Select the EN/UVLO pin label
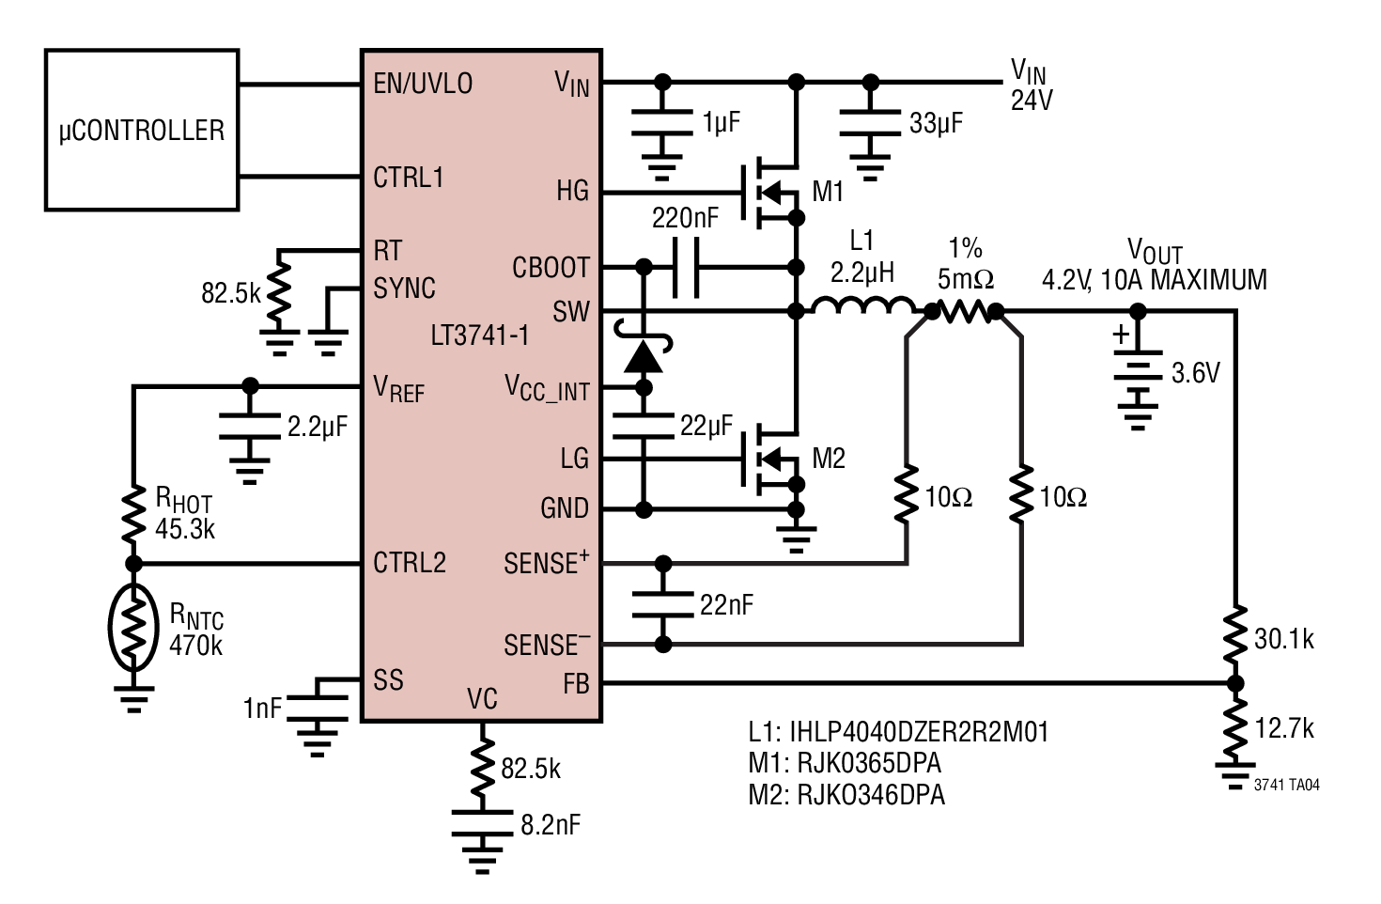coord(423,84)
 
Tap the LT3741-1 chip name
coord(480,335)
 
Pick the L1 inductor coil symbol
coord(863,306)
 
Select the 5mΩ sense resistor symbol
coord(965,312)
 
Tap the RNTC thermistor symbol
coord(133,628)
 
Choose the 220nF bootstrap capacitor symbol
coord(686,268)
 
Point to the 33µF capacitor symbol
coord(870,123)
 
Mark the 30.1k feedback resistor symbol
coord(1235,635)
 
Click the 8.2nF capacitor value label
coord(551,824)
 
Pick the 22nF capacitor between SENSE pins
coord(662,604)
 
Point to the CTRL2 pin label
coord(410,562)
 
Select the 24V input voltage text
coord(1032,100)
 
